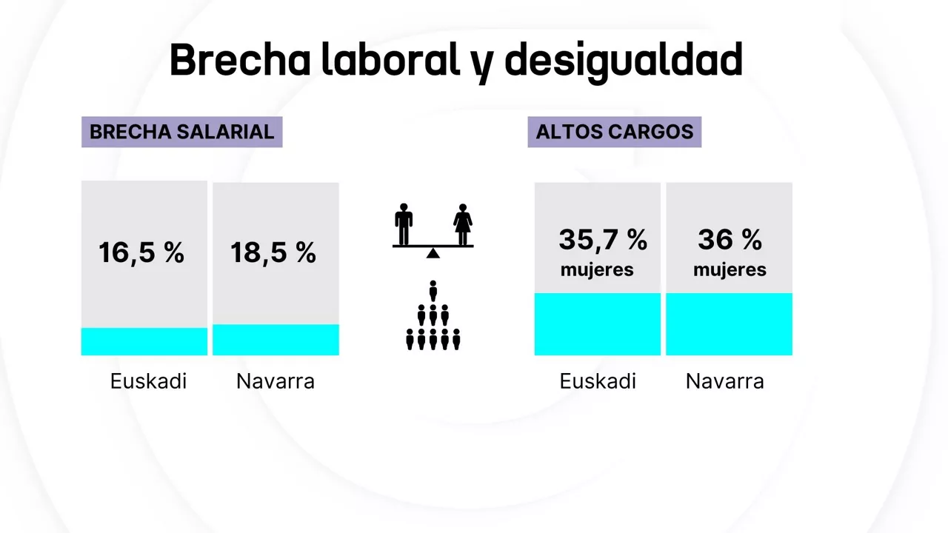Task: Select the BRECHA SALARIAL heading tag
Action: [x=181, y=132]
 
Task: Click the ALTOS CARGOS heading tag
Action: [x=614, y=132]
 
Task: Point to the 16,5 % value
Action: [x=141, y=253]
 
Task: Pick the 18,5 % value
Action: [x=273, y=253]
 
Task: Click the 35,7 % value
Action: [x=603, y=240]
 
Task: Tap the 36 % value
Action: [x=730, y=240]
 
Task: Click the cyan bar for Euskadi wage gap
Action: [x=144, y=341]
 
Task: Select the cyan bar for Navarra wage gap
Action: [x=276, y=340]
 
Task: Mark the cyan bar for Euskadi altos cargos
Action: [x=598, y=324]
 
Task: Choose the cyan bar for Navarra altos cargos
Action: [x=729, y=324]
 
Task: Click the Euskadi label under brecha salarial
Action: [x=148, y=381]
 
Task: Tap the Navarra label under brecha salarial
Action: [x=276, y=381]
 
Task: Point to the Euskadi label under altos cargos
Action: [x=598, y=381]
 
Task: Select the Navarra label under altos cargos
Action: [x=724, y=381]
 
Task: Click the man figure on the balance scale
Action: [x=404, y=224]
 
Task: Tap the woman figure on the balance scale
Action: [x=464, y=224]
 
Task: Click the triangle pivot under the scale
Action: [x=433, y=253]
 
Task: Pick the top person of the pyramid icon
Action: [x=433, y=289]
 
